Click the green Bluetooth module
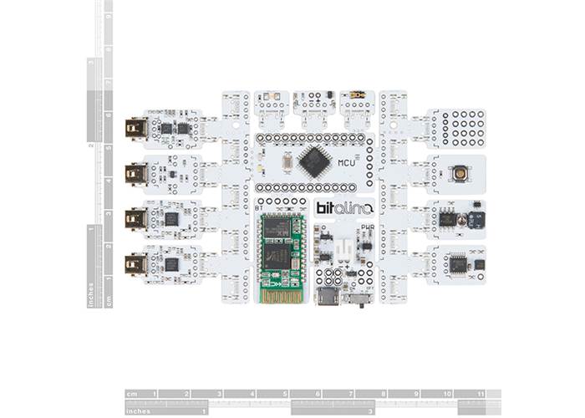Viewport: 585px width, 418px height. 281,251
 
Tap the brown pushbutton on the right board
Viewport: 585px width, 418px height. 460,173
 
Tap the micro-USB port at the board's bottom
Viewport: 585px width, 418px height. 327,296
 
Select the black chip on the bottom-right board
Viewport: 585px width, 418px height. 458,264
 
